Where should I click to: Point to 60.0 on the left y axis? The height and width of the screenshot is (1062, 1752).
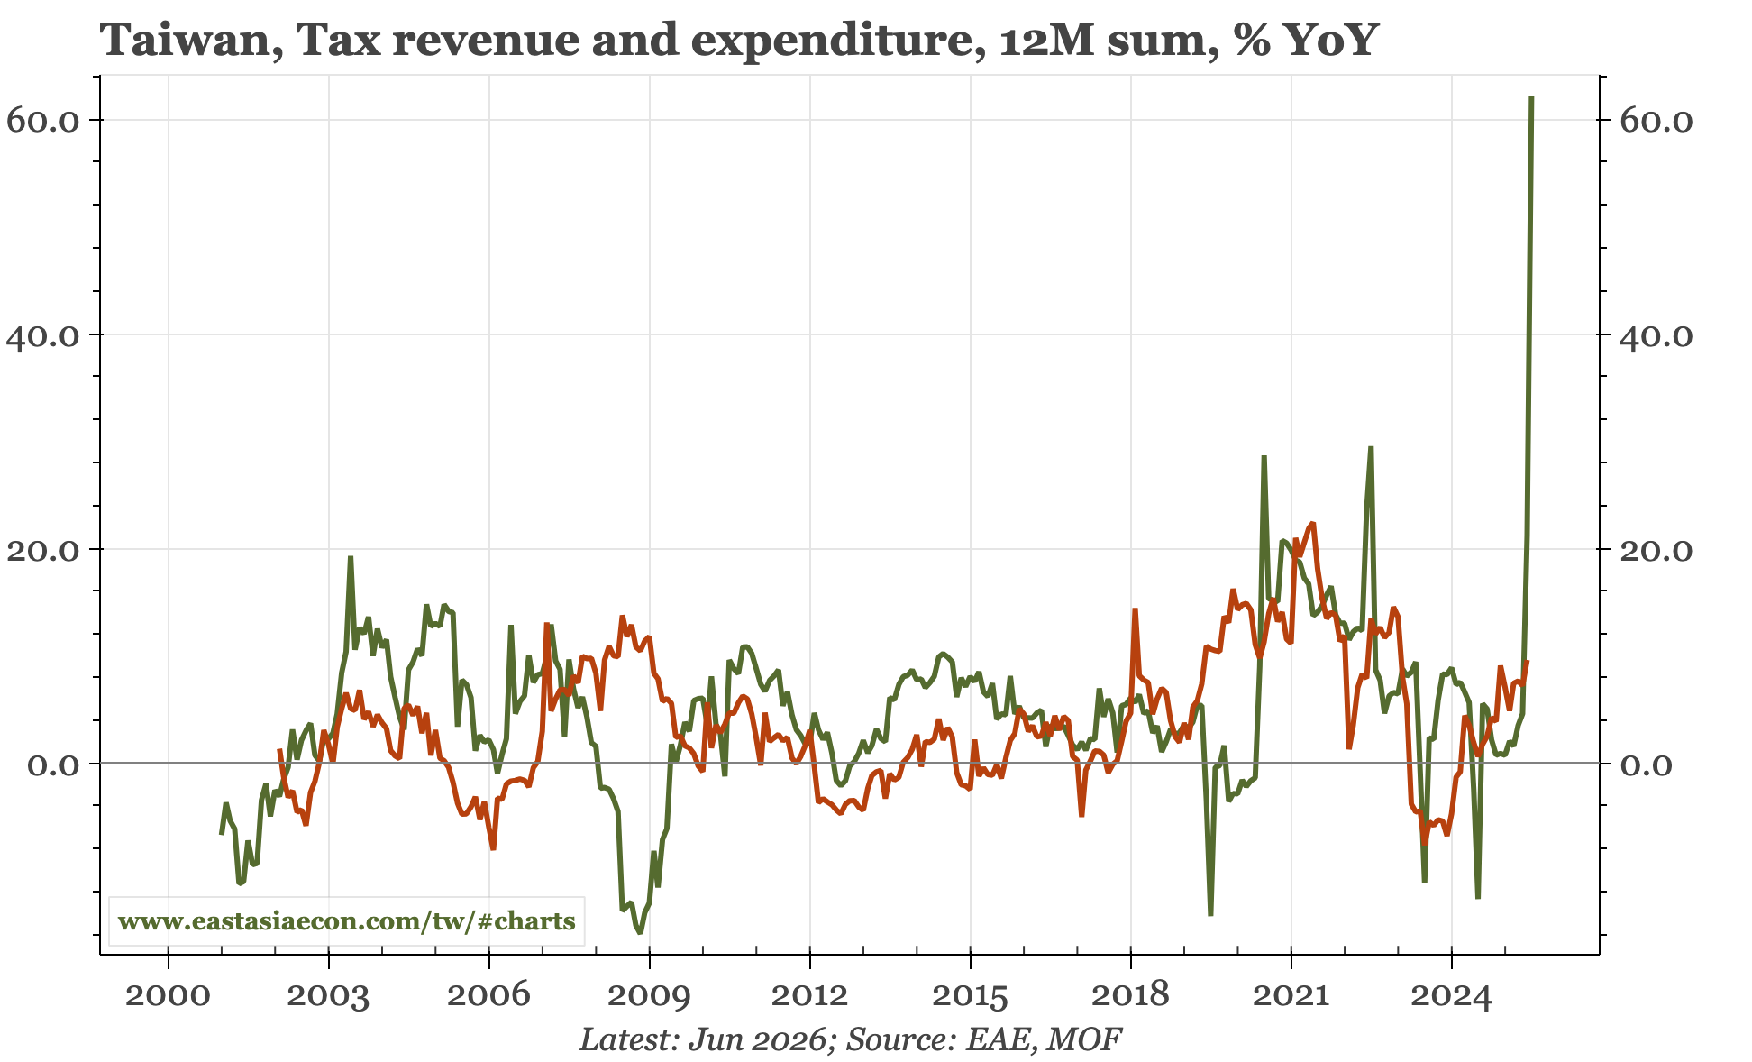[45, 120]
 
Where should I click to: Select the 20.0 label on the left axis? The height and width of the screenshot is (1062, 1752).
[45, 549]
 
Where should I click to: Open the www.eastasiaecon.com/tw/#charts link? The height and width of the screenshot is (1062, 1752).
[347, 922]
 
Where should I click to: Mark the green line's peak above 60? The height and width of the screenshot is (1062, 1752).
[1531, 97]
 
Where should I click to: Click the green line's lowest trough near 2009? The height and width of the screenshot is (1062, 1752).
[640, 932]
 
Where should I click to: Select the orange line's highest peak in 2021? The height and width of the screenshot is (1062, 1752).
[1312, 523]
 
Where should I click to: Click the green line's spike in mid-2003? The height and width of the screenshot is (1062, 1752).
[351, 557]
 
